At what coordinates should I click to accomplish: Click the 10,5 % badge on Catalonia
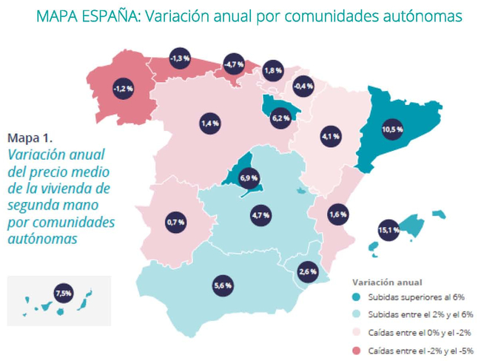coord(392,129)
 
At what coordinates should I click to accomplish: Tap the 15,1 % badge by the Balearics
coord(388,231)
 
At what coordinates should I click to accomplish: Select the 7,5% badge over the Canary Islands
coord(64,293)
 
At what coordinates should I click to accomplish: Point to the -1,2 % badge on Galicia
coord(123,89)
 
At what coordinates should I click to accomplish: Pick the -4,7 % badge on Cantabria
coord(235,64)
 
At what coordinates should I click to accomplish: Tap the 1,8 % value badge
coord(273,70)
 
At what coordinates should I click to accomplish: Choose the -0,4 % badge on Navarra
coord(303,86)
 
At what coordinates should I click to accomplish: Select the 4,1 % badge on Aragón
coord(330,137)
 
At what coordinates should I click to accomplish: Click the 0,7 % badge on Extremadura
coord(175,222)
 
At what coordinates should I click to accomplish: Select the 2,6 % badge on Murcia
coord(307,271)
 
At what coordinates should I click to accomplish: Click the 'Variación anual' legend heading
coord(387,282)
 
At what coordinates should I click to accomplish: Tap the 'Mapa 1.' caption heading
coord(30,137)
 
